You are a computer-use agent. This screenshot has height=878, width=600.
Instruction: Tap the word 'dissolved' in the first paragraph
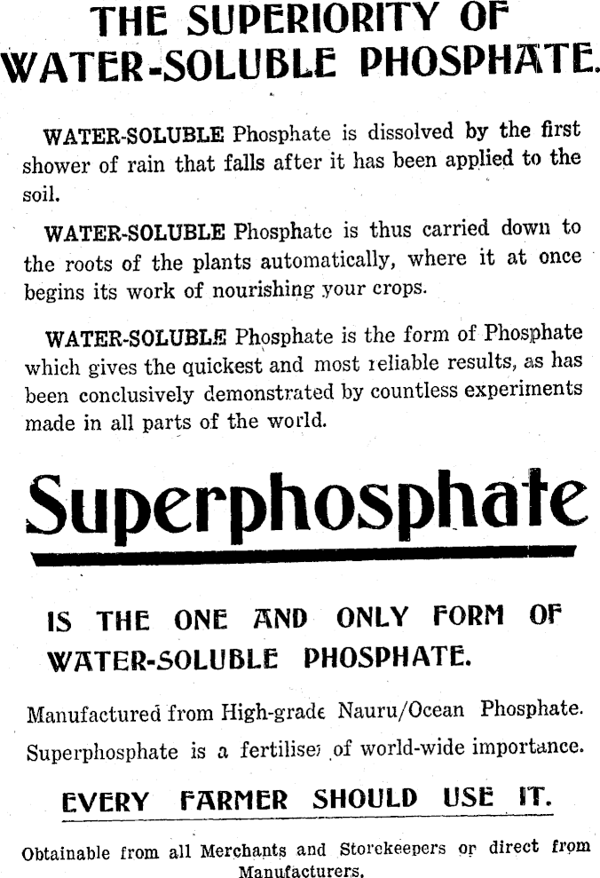tap(408, 135)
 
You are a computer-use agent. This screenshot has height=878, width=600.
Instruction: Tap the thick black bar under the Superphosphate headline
tap(302, 556)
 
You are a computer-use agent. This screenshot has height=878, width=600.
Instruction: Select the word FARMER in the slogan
tap(233, 800)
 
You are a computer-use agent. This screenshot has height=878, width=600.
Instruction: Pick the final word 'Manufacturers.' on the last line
tap(301, 870)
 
